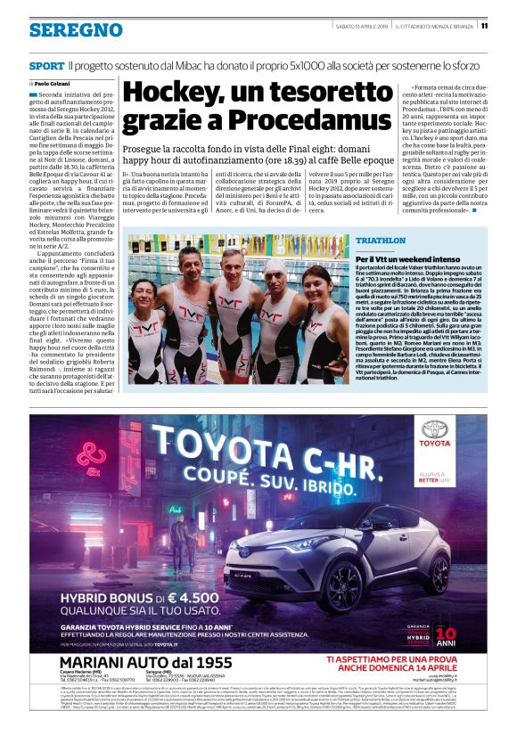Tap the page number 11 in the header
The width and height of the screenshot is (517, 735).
[508, 26]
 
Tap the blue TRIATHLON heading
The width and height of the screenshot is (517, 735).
[381, 241]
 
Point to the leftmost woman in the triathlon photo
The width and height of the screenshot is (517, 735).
[147, 321]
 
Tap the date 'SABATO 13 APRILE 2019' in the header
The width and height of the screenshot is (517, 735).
[347, 26]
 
